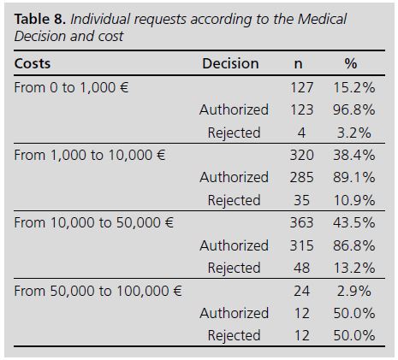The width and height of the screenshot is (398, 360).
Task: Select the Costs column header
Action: (33, 64)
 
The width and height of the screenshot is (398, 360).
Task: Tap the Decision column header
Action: (230, 64)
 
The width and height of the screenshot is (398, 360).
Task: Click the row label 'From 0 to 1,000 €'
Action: (71, 87)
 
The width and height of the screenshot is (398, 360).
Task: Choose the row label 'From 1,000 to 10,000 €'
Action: (90, 155)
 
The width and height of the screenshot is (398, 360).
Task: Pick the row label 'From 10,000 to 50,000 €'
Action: (94, 222)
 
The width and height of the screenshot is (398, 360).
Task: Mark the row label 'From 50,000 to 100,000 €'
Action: (98, 291)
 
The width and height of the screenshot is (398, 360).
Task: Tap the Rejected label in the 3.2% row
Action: (234, 133)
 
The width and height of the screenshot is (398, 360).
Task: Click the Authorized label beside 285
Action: (234, 178)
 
